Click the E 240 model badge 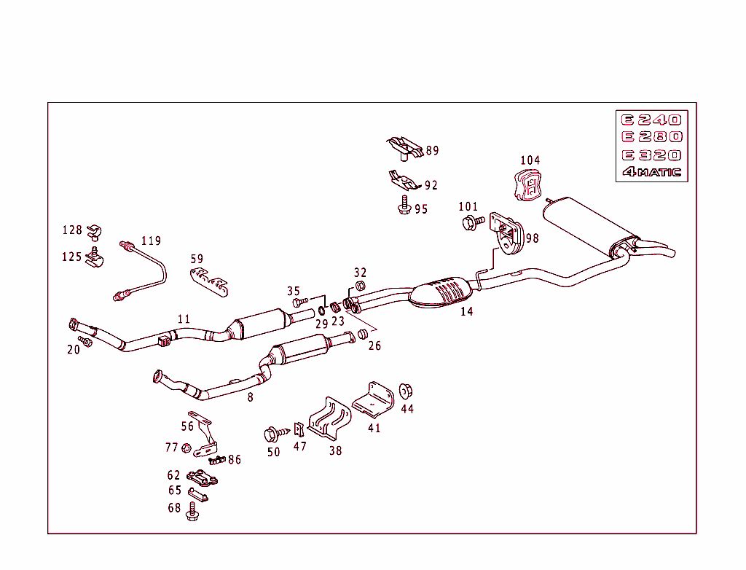coord(651,120)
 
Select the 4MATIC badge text coord(651,173)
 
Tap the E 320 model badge coord(651,155)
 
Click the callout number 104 coord(530,160)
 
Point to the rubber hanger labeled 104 coord(530,185)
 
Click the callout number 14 coord(466,312)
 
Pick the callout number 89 coord(433,151)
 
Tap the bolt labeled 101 coord(471,222)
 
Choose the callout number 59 coord(197,259)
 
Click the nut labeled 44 coord(406,391)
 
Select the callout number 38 coord(335,451)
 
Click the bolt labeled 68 coord(192,512)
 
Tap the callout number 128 coord(72,230)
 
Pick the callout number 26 coord(374,345)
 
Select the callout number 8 coord(251,397)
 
